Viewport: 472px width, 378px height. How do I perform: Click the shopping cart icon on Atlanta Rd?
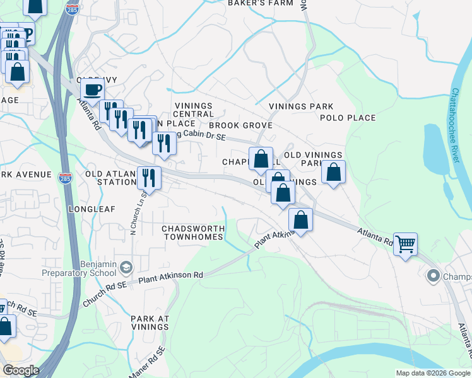[405, 244]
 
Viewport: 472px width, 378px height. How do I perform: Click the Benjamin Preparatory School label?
[79, 269]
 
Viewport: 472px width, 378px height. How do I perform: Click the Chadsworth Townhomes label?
[192, 232]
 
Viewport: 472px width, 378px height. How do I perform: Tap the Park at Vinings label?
[150, 323]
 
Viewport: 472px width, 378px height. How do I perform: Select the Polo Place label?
[348, 118]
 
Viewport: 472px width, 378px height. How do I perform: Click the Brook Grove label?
[245, 125]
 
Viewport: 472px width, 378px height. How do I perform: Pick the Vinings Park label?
[301, 106]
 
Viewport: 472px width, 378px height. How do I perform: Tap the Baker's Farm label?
[261, 3]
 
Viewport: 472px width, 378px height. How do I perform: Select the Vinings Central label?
[194, 110]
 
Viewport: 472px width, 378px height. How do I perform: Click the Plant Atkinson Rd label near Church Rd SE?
[171, 276]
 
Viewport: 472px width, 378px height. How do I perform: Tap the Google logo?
[21, 370]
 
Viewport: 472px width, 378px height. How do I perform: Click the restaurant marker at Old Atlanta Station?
[148, 178]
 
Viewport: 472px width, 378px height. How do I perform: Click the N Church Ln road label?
[133, 214]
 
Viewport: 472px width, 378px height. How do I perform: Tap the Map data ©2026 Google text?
[432, 373]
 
